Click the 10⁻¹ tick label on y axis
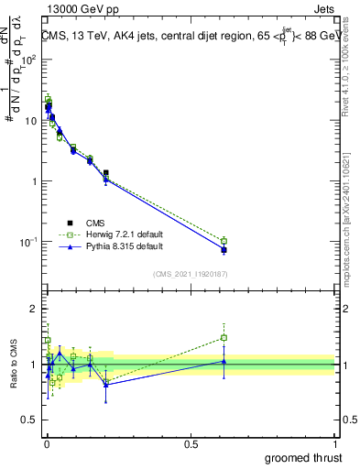point(27,242)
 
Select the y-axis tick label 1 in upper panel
point(33,181)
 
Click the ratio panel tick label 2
point(33,306)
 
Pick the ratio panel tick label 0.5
point(28,422)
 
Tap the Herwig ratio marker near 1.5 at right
point(224,337)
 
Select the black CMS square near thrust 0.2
point(106,172)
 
